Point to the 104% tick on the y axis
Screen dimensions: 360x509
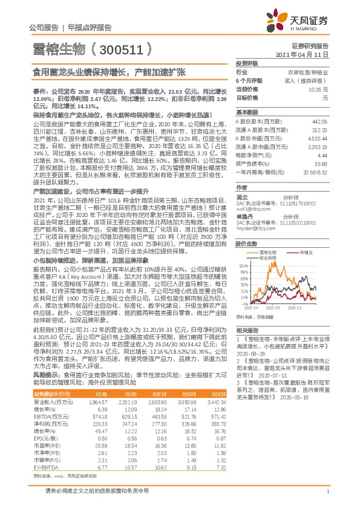(243, 265)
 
